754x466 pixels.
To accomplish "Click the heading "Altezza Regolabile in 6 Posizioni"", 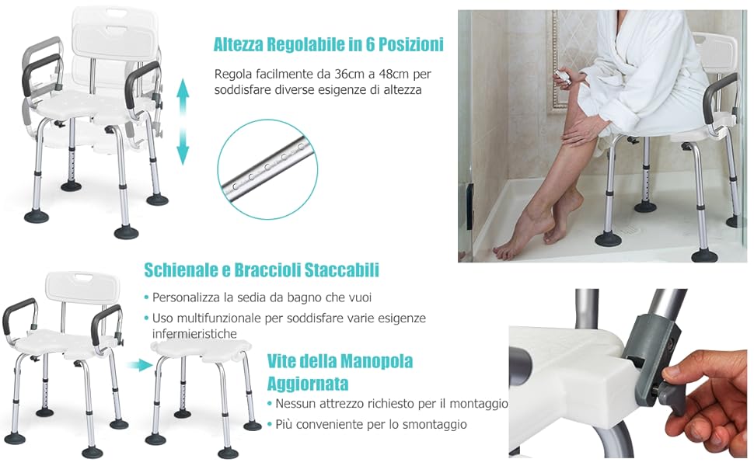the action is point(329,44).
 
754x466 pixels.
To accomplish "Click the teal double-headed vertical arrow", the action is point(183,122).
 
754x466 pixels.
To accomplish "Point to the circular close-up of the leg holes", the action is point(268,169).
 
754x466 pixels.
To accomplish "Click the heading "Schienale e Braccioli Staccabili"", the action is point(262,270).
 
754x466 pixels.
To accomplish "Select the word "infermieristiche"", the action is point(194,333).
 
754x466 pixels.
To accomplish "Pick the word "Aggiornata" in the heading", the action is point(308,384).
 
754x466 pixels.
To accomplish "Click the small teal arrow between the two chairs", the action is point(140,365).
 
